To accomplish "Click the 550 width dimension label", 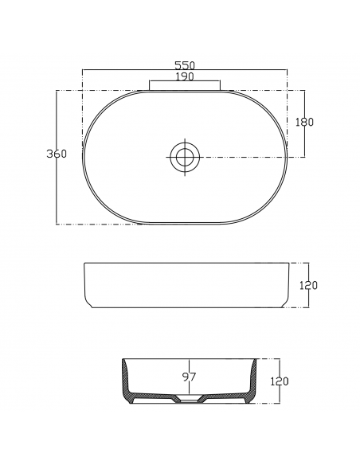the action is tap(185, 65).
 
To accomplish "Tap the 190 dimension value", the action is tap(185, 76).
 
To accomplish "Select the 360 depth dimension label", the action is tap(57, 154).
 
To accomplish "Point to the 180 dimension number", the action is tap(304, 122).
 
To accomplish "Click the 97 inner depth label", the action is tap(190, 377).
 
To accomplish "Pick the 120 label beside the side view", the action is tap(308, 285).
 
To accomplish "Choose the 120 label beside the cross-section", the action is tap(280, 381).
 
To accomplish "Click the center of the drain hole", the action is tap(185, 157).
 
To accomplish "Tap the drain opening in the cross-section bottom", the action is tap(190, 401).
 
